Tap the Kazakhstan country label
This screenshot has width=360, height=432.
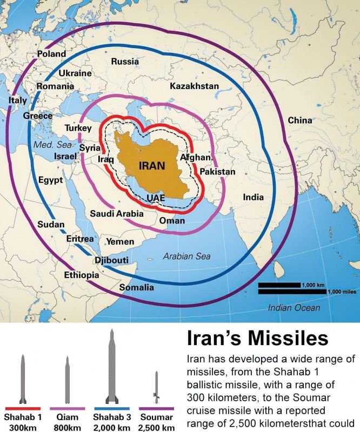[x=194, y=86]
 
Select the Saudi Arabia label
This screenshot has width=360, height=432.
[x=117, y=214]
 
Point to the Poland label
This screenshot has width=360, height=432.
[x=51, y=54]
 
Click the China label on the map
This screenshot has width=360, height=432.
[x=299, y=120]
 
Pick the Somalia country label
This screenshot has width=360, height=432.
[x=137, y=287]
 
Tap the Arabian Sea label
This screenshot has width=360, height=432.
[x=187, y=256]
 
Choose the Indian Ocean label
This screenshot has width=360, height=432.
[x=294, y=308]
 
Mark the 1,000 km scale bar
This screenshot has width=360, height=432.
[x=279, y=285]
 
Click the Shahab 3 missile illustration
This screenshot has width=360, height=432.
[x=112, y=367]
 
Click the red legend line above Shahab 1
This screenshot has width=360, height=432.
[x=22, y=408]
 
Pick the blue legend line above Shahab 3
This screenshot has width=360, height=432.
[x=112, y=408]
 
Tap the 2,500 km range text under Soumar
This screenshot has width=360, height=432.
[x=156, y=428]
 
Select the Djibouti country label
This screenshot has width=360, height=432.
[x=111, y=261]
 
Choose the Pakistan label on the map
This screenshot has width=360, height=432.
[x=217, y=172]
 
